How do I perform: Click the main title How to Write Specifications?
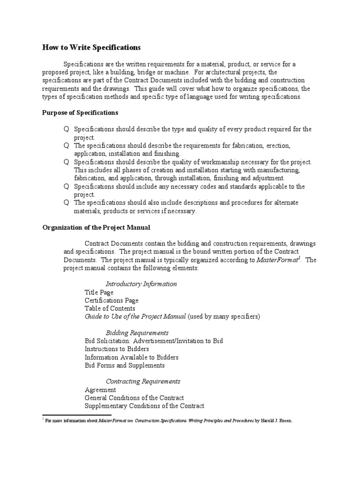pyautogui.click(x=91, y=47)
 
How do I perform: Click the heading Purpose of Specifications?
pyautogui.click(x=80, y=113)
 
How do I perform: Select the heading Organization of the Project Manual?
pyautogui.click(x=96, y=227)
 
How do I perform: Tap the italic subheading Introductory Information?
pyautogui.click(x=141, y=284)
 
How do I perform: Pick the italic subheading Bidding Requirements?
pyautogui.click(x=137, y=332)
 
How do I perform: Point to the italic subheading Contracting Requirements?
pyautogui.click(x=143, y=381)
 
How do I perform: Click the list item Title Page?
pyautogui.click(x=99, y=292)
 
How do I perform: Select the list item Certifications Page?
pyautogui.click(x=112, y=300)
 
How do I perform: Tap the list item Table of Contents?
pyautogui.click(x=110, y=308)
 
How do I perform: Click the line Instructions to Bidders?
pyautogui.click(x=117, y=349)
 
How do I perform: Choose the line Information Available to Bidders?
pyautogui.click(x=131, y=357)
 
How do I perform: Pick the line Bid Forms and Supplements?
pyautogui.click(x=125, y=365)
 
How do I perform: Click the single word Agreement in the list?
pyautogui.click(x=100, y=390)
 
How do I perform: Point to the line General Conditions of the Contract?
pyautogui.click(x=134, y=398)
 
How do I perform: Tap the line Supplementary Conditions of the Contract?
pyautogui.click(x=144, y=406)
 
